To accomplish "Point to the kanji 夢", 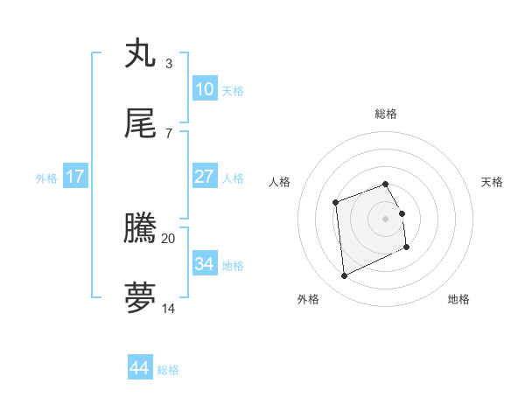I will pos(142,298).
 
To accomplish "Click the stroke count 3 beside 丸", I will pos(169,64).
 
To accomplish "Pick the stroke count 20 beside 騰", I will pos(169,238).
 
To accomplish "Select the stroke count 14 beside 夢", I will pos(169,308).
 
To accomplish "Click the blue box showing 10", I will pos(204,89).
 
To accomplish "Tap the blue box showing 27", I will pos(204,177).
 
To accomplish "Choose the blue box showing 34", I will pos(204,263).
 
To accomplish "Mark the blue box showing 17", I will pos(75,177).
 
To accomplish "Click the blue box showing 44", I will pos(140,368).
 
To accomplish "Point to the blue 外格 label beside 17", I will pos(46,178).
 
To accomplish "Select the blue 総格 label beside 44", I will pos(168,370).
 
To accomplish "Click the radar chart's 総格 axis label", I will pos(386,114).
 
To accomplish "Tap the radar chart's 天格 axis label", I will pos(492,182).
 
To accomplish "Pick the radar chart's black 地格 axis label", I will pos(458,299).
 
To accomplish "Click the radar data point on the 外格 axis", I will pos(344,276).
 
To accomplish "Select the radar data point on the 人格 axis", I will pos(335,203).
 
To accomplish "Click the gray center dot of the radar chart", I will pos(386,218).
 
